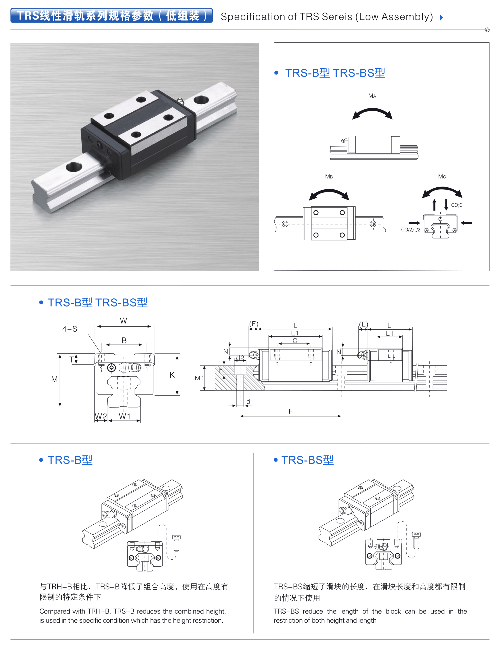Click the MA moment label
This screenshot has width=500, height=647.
click(372, 96)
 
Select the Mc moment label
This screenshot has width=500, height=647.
click(442, 177)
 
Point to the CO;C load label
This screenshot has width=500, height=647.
click(456, 205)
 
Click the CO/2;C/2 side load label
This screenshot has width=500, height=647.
click(410, 230)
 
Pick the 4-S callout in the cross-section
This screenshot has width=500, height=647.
click(70, 329)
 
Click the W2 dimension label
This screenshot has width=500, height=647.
click(101, 416)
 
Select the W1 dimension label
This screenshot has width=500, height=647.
click(124, 416)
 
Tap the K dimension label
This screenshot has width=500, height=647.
click(172, 375)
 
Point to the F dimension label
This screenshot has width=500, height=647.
click(290, 411)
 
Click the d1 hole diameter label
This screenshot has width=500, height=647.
click(250, 401)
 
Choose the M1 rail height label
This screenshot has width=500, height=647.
click(199, 378)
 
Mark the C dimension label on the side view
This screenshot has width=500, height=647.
click(295, 341)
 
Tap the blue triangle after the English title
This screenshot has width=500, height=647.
click(442, 17)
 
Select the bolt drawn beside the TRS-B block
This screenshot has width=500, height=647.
click(176, 543)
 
